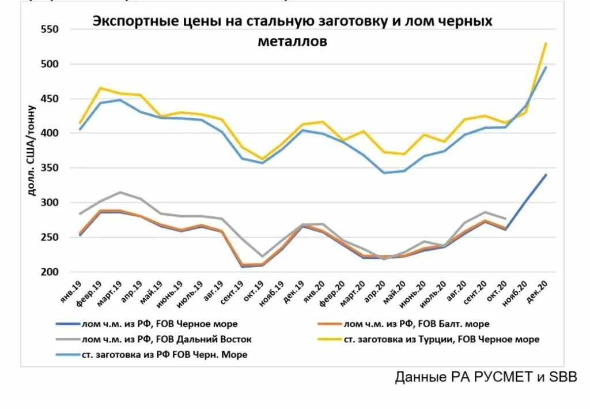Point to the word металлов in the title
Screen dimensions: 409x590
[x=293, y=41]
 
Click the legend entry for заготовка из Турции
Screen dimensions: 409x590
[x=441, y=339]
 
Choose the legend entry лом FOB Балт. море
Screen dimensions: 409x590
[x=416, y=324]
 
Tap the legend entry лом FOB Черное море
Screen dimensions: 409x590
[x=159, y=324]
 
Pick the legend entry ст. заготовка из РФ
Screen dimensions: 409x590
[x=164, y=354]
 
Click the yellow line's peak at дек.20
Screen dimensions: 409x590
[x=546, y=43]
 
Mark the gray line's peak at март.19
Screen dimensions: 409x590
[x=120, y=192]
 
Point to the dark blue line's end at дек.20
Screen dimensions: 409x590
[x=546, y=175]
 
